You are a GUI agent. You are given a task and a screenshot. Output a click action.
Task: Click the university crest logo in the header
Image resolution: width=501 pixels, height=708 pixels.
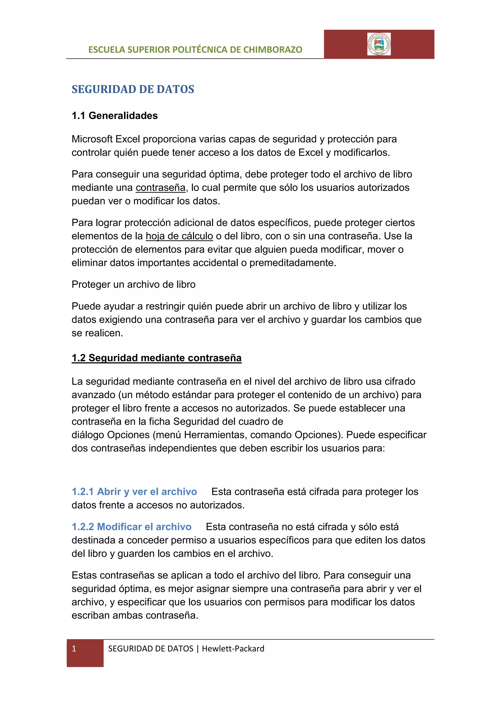click(x=379, y=44)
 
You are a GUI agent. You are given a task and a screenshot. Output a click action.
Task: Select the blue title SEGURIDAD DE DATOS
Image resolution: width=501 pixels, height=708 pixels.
click(x=133, y=89)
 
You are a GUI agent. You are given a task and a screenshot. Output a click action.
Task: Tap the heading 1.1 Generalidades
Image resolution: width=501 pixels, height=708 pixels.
click(x=114, y=116)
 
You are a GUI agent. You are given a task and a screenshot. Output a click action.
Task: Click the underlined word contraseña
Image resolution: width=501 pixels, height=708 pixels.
click(x=160, y=188)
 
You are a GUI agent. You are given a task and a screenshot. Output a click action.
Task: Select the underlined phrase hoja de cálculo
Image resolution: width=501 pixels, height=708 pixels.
click(x=179, y=236)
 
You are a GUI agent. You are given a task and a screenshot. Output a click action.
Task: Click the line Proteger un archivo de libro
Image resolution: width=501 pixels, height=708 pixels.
click(x=133, y=285)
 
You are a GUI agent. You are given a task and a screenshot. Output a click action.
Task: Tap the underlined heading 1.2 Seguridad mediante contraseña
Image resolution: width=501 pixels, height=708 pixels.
click(x=156, y=358)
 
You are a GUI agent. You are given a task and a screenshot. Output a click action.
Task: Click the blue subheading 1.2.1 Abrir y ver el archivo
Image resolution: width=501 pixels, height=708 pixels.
click(x=134, y=492)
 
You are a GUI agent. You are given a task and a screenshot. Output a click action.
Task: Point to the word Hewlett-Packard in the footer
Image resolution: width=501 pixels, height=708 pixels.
click(x=233, y=649)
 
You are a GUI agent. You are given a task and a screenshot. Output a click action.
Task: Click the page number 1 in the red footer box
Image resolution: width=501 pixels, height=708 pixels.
click(x=74, y=649)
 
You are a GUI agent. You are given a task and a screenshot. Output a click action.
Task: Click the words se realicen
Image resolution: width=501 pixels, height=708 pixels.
click(x=97, y=333)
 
